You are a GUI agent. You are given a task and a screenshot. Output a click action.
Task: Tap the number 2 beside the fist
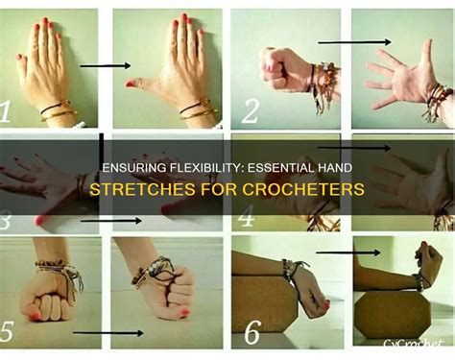(249, 112)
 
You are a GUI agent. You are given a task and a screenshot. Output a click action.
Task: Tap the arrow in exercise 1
(105, 65)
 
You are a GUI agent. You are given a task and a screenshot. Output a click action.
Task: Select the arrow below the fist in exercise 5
(104, 333)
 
